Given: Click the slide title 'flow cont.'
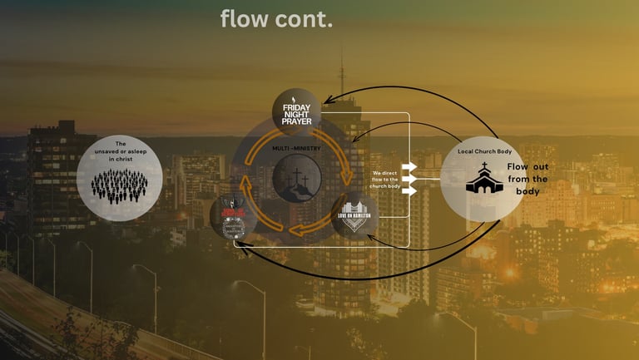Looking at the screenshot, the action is (276, 19).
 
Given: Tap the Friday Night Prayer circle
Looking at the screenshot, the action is (296, 112).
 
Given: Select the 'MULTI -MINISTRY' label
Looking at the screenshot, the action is (297, 148).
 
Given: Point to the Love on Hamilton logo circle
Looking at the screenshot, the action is (355, 215).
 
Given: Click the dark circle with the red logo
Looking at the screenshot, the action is (233, 216).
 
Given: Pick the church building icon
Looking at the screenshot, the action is (484, 178).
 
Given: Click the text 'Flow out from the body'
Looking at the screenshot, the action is (528, 179).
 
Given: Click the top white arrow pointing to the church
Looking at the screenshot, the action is (409, 167).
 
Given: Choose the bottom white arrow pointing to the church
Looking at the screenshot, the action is (409, 191).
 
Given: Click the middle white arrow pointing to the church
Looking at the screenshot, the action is (409, 179).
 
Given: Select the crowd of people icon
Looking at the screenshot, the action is (119, 185).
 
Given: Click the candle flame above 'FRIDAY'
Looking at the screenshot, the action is (296, 99).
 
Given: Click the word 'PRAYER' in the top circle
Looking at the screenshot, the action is (296, 121).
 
